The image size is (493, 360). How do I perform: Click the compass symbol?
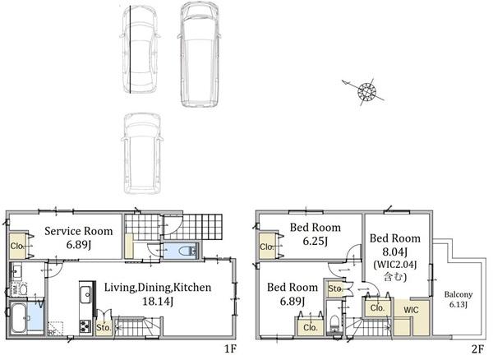pos(366,91)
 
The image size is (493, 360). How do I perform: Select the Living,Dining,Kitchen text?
pos(158,288)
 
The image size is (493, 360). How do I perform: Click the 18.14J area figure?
pos(157,302)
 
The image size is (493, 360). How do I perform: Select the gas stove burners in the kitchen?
pos(85,327)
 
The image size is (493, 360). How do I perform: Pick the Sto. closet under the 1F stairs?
pos(104,327)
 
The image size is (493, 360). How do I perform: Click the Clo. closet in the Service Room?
pos(17,245)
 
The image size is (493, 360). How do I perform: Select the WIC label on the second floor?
pos(409,310)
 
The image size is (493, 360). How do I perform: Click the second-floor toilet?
pos(334,322)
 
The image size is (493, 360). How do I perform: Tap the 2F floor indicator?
pos(477,348)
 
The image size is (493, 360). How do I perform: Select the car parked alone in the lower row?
pos(140,149)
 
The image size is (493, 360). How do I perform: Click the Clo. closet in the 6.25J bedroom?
pos(267,247)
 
